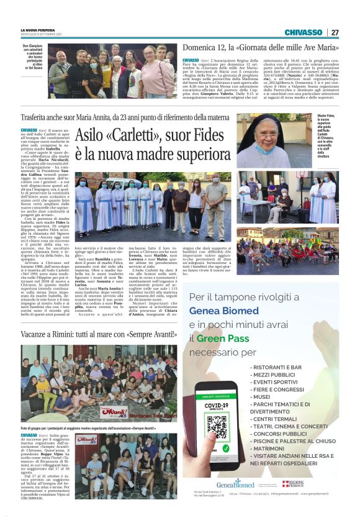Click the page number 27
click(x=335, y=32)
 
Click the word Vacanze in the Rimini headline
click(x=38, y=334)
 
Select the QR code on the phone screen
click(x=216, y=427)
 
